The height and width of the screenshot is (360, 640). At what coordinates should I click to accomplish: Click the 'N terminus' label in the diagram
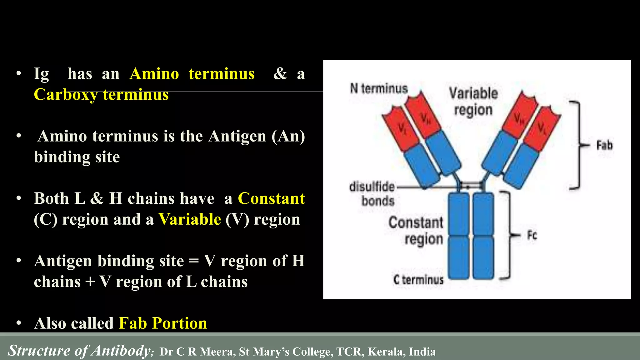pyautogui.click(x=379, y=88)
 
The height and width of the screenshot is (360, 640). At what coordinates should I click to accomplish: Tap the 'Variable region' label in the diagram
pyautogui.click(x=473, y=102)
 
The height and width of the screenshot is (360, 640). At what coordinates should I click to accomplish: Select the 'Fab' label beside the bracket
pyautogui.click(x=604, y=145)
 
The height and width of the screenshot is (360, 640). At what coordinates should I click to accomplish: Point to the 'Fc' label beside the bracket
pyautogui.click(x=532, y=235)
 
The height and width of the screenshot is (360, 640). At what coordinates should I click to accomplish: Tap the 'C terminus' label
pyautogui.click(x=418, y=279)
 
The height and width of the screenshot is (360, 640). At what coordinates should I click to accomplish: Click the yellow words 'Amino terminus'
pyautogui.click(x=192, y=74)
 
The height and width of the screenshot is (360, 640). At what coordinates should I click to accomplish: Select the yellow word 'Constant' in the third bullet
pyautogui.click(x=271, y=198)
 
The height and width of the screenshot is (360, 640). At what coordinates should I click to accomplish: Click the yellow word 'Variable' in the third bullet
pyautogui.click(x=190, y=219)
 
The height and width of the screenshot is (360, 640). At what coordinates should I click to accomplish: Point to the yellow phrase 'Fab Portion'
pyautogui.click(x=163, y=323)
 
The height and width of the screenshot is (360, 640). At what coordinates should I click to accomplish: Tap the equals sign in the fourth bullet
pyautogui.click(x=194, y=261)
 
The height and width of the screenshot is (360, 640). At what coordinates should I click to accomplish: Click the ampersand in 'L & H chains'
pyautogui.click(x=97, y=198)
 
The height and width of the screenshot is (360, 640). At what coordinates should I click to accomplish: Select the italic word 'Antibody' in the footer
pyautogui.click(x=121, y=351)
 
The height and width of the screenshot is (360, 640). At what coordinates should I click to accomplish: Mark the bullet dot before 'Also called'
pyautogui.click(x=19, y=323)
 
